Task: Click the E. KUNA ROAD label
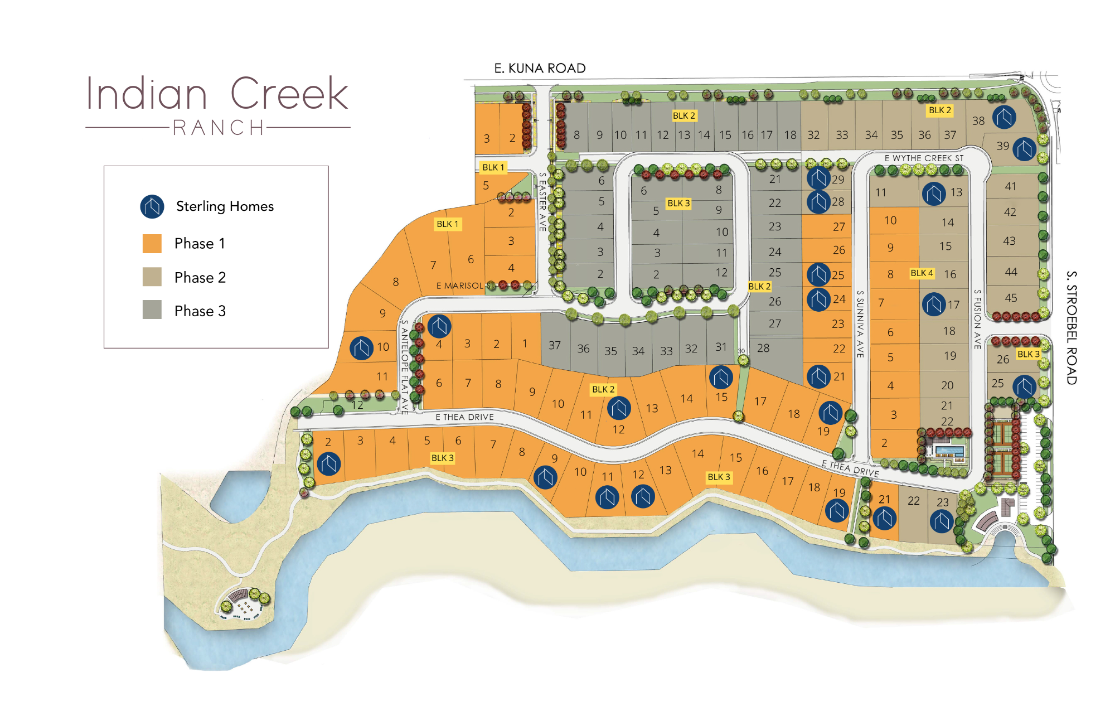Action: [x=540, y=68]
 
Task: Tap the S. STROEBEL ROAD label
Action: [x=1071, y=327]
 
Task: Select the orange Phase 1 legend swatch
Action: [x=152, y=244]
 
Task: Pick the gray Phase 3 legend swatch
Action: [x=152, y=310]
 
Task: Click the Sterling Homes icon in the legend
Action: [x=152, y=206]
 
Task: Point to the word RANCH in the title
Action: [x=219, y=128]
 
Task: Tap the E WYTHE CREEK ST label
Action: [x=924, y=158]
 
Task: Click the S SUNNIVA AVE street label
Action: [x=860, y=324]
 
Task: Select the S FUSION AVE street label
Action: [x=977, y=319]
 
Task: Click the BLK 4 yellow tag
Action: [x=922, y=273]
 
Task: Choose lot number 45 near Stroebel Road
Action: [x=1011, y=298]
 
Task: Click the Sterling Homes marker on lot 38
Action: [x=1003, y=117]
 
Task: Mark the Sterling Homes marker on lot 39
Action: [x=1024, y=149]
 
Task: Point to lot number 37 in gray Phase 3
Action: [x=554, y=345]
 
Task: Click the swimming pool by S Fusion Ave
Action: [x=949, y=450]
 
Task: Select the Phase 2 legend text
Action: [x=200, y=277]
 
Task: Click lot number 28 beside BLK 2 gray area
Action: [x=763, y=348]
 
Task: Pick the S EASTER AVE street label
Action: [x=542, y=202]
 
